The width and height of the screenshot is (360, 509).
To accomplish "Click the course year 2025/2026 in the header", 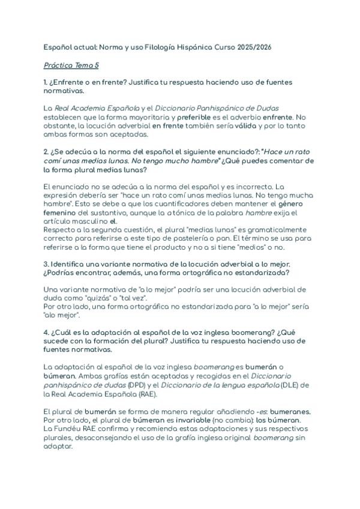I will [254, 47].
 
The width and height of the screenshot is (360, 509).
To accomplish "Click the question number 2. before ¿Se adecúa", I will [46, 152].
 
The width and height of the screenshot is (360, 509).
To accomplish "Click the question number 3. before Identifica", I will [46, 264].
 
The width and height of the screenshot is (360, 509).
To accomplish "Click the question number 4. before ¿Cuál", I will [46, 333].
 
